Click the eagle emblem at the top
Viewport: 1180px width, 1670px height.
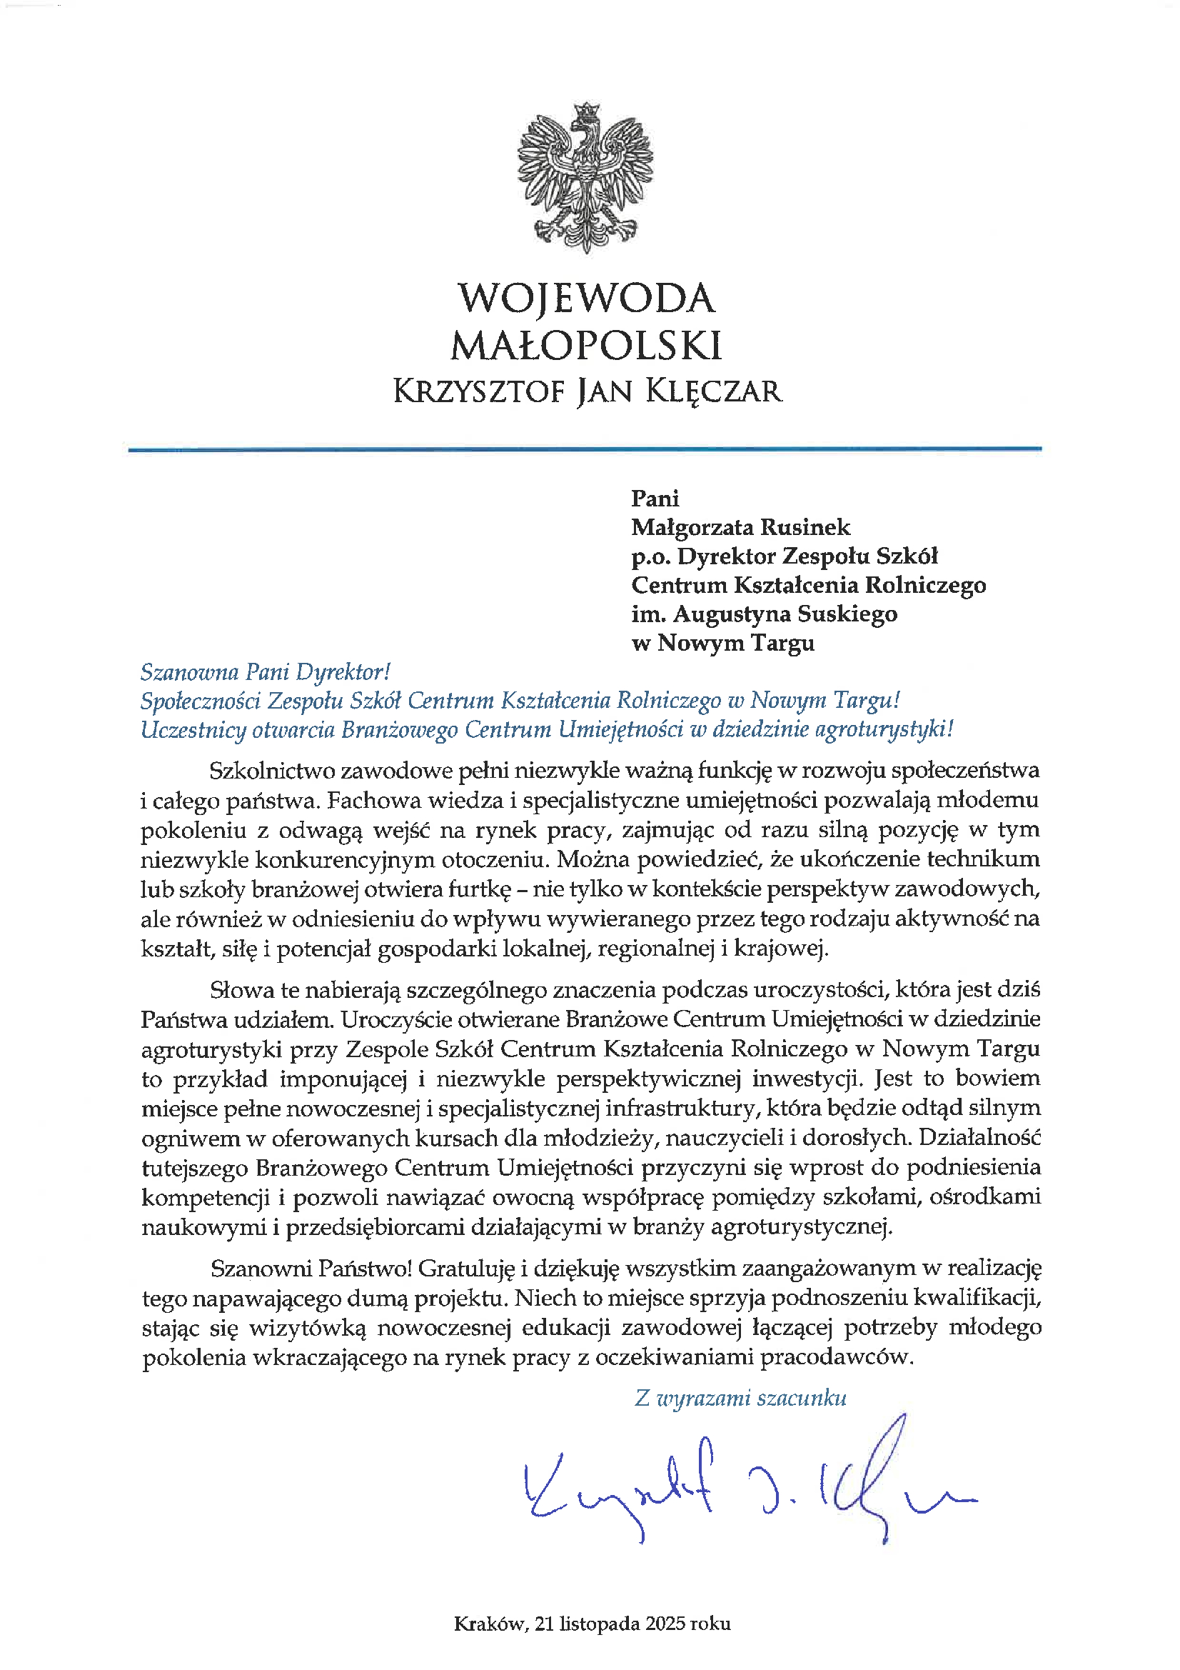coord(585,178)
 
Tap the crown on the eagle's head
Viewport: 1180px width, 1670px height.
coord(586,111)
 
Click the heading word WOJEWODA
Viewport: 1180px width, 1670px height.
coord(586,299)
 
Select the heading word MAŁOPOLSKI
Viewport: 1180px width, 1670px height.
coord(586,346)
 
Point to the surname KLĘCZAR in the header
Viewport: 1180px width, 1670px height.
coord(713,392)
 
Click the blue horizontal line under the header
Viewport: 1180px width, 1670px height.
coord(585,449)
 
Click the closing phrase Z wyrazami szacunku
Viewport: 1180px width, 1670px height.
coord(740,1398)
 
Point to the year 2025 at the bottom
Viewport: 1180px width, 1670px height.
coord(665,1624)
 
